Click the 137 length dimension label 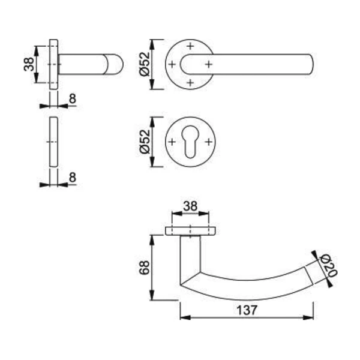247,310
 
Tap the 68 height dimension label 145,268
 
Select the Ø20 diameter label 328,266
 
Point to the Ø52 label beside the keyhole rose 145,142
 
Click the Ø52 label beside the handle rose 145,64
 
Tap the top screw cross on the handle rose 190,46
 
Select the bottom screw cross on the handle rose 190,82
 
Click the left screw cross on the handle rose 172,64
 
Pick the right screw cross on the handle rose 208,64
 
